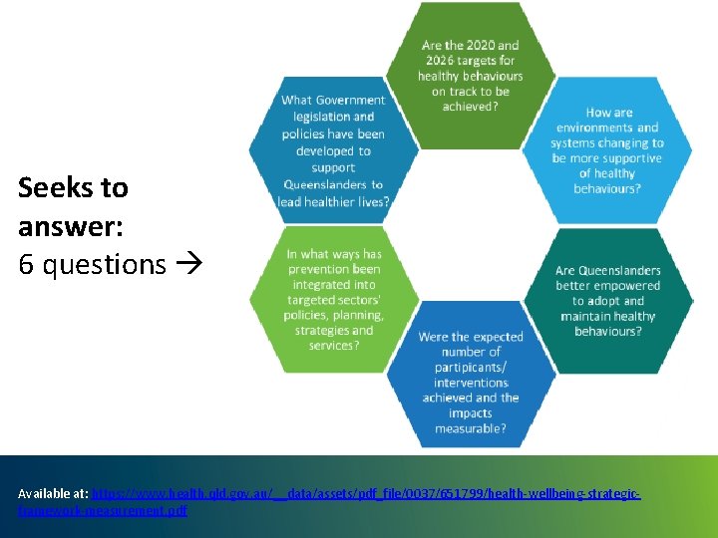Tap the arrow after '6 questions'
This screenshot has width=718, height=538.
coord(188,265)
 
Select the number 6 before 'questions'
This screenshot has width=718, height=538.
coord(26,264)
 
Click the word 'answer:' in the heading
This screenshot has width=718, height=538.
coord(70,226)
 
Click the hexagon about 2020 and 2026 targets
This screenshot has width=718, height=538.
coord(470,70)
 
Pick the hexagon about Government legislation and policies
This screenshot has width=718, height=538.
coord(333,149)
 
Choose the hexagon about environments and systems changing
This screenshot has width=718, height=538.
coord(607,149)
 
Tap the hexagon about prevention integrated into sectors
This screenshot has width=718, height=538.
coord(333,299)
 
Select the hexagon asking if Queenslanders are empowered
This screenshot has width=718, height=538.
coord(607,299)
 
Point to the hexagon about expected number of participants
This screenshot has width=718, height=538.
coord(471,379)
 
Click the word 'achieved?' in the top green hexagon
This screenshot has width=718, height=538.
coord(470,107)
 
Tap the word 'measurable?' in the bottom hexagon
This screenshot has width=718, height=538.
coord(471,428)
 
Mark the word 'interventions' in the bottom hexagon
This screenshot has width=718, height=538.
coord(471,383)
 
